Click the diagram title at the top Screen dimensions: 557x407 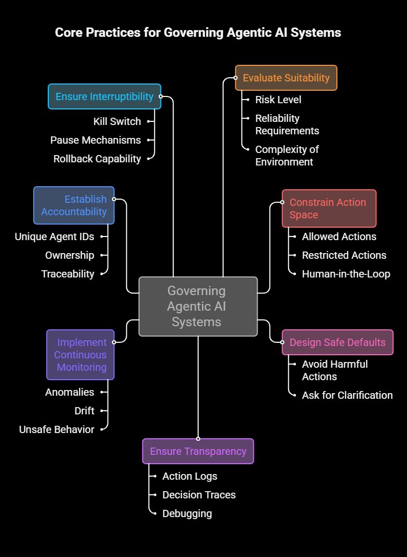[198, 32]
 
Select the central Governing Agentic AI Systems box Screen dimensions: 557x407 [198, 306]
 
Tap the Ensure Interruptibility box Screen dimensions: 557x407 [104, 96]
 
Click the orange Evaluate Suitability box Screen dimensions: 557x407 [286, 78]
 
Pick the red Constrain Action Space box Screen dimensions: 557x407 [329, 208]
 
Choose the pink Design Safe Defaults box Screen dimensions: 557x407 [337, 342]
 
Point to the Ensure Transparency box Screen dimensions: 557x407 [198, 451]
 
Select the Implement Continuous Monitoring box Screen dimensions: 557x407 [80, 355]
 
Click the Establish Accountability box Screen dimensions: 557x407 [74, 205]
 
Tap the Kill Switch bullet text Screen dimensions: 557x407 [117, 121]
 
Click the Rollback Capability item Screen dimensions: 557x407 [97, 159]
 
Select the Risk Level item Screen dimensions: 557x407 [278, 100]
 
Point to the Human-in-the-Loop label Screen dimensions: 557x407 [346, 274]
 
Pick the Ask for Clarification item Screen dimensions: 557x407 [347, 395]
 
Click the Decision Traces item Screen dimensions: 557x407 [199, 495]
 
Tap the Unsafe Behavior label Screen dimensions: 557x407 [57, 429]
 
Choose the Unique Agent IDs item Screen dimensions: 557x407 [55, 236]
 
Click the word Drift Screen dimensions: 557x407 [84, 411]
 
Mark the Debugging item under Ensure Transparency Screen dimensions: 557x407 [187, 513]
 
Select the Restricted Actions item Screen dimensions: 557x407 [344, 255]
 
